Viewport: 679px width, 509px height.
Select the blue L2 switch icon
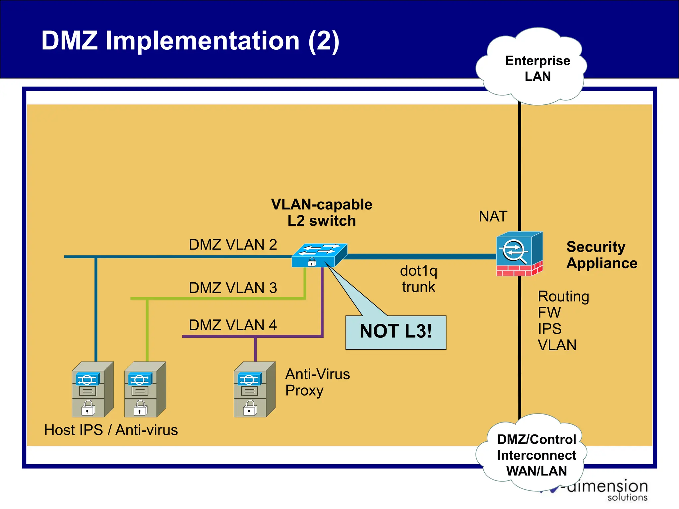[x=320, y=255]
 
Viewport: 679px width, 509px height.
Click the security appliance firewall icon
[x=520, y=254]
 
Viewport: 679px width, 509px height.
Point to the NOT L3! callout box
[x=396, y=332]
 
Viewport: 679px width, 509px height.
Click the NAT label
[x=493, y=217]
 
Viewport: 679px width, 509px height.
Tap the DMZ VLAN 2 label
[x=233, y=245]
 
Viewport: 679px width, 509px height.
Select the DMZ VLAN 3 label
[x=233, y=288]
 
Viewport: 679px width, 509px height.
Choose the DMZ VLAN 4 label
[x=233, y=325]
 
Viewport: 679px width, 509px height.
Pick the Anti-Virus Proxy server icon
[x=254, y=389]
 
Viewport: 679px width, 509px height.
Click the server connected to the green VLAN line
[x=145, y=389]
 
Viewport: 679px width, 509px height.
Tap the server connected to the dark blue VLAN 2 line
[x=93, y=389]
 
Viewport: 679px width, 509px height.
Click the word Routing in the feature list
[x=563, y=297]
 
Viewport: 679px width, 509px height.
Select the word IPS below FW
[x=549, y=329]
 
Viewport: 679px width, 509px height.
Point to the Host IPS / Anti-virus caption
[x=111, y=430]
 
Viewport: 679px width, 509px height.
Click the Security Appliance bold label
[x=601, y=255]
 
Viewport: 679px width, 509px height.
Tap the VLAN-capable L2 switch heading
[x=322, y=213]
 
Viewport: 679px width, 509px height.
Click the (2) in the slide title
[x=324, y=41]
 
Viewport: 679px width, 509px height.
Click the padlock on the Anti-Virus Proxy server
[x=250, y=408]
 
